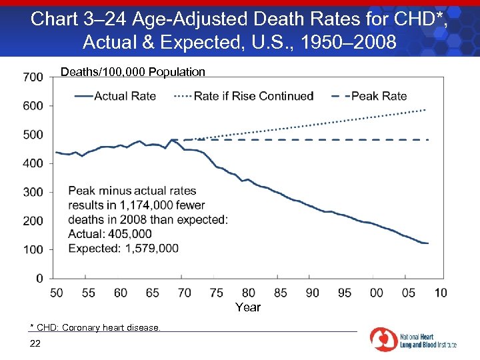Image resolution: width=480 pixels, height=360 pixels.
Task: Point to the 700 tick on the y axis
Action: coord(33,77)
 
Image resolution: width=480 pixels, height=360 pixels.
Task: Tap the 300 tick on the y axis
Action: coord(33,192)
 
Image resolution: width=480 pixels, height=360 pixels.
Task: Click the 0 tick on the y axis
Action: coord(39,278)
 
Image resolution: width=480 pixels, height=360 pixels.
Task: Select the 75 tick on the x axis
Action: coord(217,293)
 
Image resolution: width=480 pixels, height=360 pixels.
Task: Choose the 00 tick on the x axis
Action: coord(377,293)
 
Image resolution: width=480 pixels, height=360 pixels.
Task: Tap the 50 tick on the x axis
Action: coord(57,293)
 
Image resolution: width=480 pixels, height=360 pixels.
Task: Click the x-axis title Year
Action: coord(248,307)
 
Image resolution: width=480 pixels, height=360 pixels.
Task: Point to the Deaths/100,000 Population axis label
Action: coord(133,72)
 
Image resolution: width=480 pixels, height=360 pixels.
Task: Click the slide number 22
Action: coord(35,343)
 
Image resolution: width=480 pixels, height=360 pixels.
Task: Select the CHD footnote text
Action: coord(95,327)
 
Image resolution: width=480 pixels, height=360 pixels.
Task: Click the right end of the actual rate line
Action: coord(427,243)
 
